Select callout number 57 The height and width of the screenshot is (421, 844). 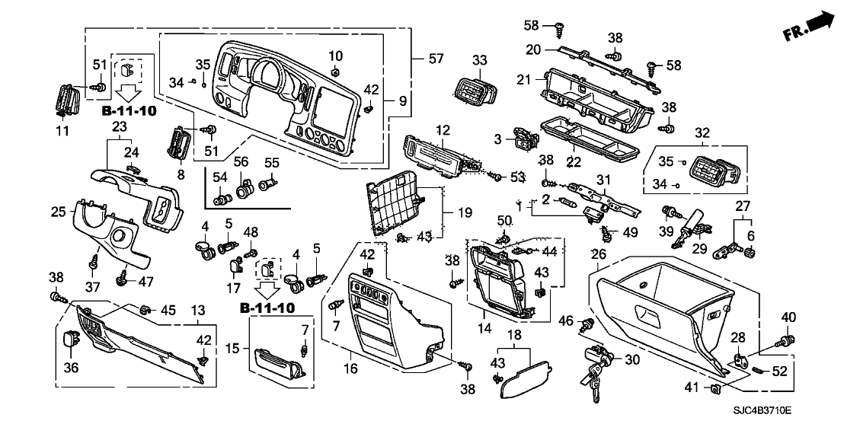pos(436,58)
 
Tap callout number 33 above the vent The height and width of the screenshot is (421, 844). pos(479,61)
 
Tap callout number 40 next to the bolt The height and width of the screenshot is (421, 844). pos(788,317)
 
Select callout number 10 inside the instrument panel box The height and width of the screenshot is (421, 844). pos(336,56)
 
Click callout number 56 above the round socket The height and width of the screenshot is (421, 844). pos(242,161)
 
